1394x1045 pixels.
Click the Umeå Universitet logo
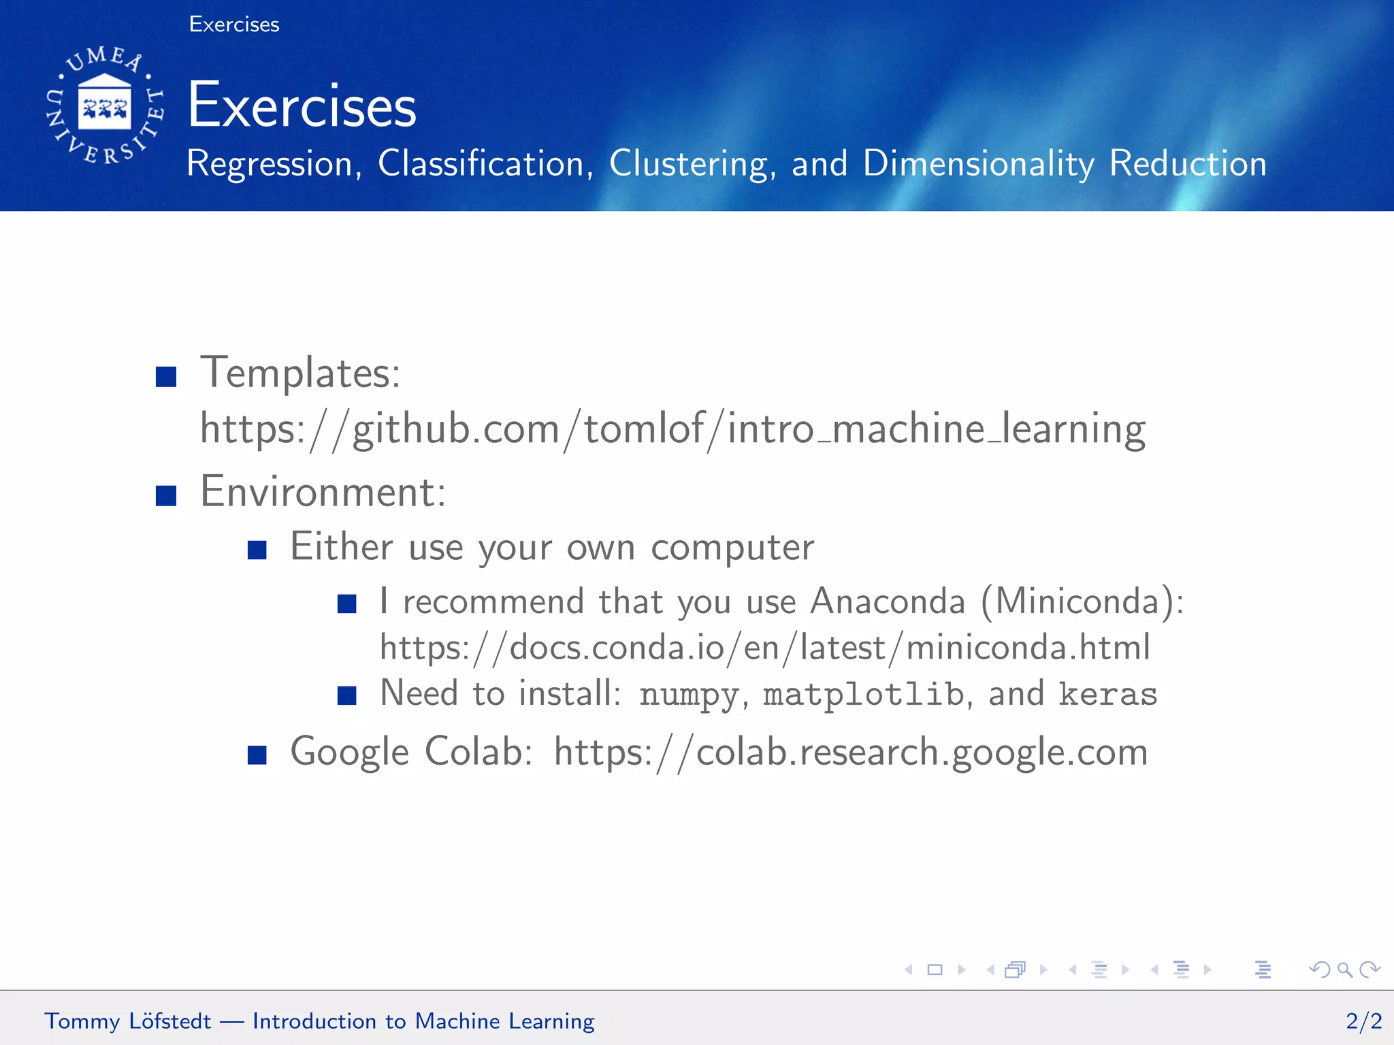[105, 105]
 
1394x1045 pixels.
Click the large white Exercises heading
[302, 105]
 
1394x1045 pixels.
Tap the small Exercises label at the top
[234, 24]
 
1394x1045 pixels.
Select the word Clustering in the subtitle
[692, 164]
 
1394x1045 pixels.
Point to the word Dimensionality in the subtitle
[979, 164]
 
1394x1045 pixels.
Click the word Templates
[300, 373]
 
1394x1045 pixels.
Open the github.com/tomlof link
[672, 429]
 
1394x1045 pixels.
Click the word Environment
[323, 491]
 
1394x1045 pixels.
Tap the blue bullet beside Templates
[166, 376]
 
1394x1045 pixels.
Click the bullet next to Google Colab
[257, 754]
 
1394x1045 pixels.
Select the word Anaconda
[888, 601]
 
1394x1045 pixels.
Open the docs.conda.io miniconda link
[765, 647]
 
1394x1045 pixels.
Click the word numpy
[689, 695]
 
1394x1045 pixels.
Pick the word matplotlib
[863, 695]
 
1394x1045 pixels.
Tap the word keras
[1108, 695]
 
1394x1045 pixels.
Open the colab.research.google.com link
[851, 752]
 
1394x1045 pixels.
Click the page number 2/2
[1363, 1021]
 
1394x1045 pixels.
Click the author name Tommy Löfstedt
[128, 1021]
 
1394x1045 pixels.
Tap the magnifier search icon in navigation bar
[1344, 969]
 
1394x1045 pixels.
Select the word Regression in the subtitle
[270, 164]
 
